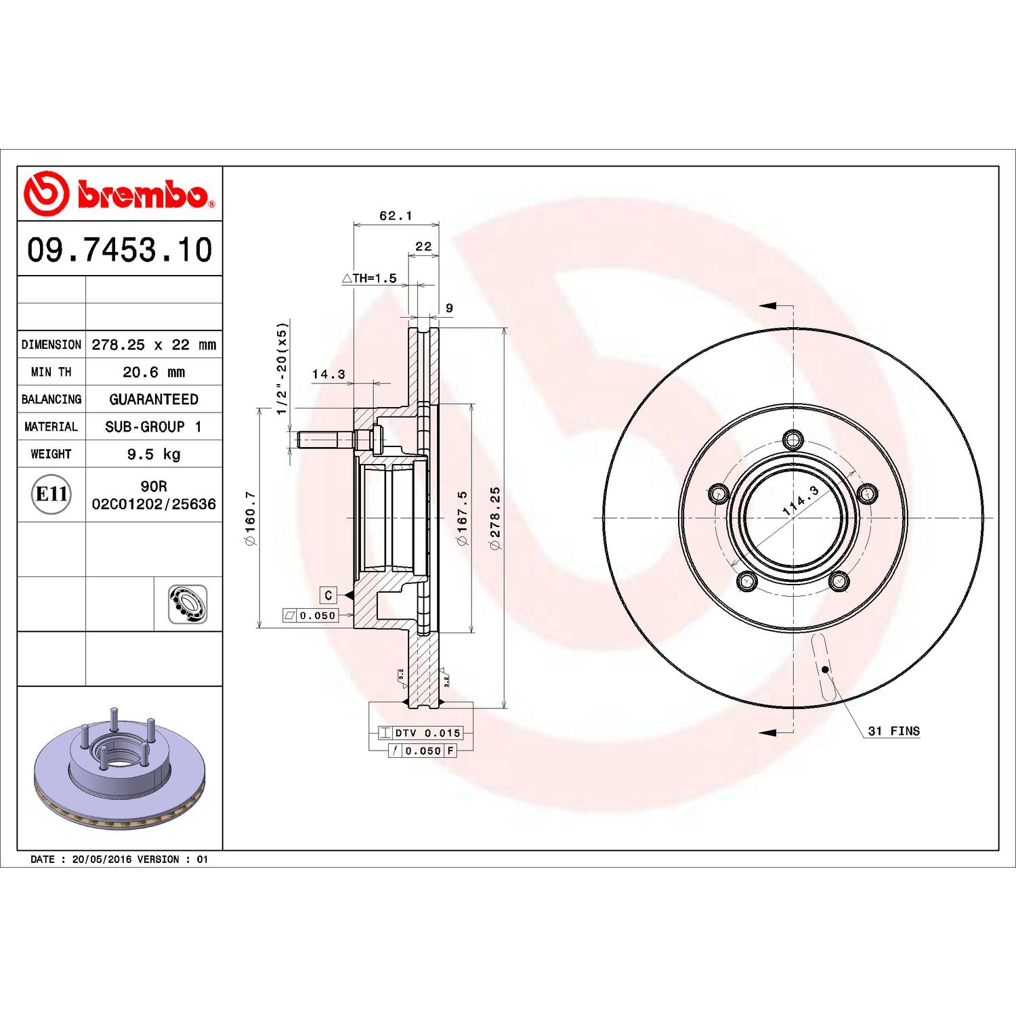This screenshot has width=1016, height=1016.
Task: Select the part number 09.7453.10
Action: (119, 249)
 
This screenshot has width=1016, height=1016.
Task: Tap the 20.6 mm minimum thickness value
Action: (154, 372)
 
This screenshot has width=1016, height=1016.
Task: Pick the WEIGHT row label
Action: (51, 454)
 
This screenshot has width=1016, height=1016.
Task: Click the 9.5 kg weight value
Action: (154, 454)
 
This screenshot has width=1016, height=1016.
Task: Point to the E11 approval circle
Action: (51, 494)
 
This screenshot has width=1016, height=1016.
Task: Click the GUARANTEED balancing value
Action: (154, 400)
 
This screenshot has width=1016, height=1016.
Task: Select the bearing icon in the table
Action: (188, 604)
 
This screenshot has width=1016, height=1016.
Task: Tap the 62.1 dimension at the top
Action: (396, 215)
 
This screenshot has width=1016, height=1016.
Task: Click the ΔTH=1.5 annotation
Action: (370, 278)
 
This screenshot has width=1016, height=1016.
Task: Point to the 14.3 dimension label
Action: (329, 374)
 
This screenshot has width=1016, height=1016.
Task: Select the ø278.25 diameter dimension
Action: (495, 518)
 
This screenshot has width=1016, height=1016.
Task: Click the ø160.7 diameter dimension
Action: (250, 518)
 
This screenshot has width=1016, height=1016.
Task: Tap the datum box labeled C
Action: (329, 595)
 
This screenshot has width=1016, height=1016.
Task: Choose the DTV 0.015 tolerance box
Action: (421, 733)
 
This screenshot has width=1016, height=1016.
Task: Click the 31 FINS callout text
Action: (893, 731)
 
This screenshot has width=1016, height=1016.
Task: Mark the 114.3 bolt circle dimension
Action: (801, 501)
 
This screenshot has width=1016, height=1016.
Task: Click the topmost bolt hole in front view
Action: (793, 440)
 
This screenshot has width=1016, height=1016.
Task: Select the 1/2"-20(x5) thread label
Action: (282, 368)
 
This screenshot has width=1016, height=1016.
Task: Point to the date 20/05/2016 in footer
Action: (102, 859)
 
